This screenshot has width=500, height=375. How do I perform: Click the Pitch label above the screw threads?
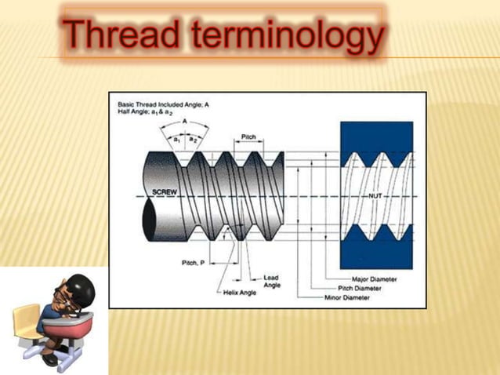[x=248, y=137]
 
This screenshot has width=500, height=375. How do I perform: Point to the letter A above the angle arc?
[x=184, y=122]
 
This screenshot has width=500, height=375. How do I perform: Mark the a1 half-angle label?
[x=177, y=138]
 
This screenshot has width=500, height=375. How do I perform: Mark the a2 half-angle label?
[x=194, y=138]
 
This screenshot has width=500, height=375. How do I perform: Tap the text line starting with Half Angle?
[x=146, y=112]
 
